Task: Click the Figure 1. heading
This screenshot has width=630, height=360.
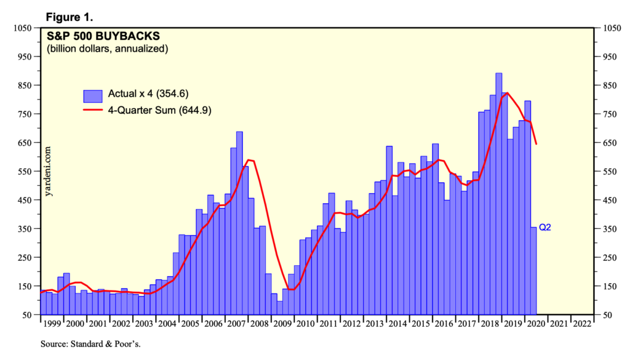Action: [x=71, y=16]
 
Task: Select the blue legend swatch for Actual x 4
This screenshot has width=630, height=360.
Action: [x=93, y=95]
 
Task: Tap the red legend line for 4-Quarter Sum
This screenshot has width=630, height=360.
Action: [x=93, y=110]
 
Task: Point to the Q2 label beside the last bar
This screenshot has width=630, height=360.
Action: [x=545, y=228]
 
